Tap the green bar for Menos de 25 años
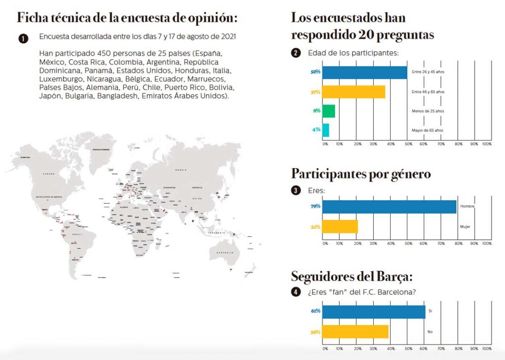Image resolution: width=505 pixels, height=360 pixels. pos(328,111)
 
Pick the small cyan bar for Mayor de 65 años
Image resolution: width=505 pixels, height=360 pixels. pos(325,130)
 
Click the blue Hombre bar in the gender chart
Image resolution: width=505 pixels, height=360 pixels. pos(389,207)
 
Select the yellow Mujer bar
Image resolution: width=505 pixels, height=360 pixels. pos(340,227)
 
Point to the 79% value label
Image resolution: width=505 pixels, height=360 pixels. pos(316,206)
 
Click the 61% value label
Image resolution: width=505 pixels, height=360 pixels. pos(316,311)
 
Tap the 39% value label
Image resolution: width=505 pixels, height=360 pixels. pos(316,332)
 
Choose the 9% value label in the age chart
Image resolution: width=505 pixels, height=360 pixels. pos(317,111)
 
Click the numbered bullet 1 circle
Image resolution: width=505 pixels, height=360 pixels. pos(23,38)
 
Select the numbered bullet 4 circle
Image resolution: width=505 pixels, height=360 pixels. pos(295,292)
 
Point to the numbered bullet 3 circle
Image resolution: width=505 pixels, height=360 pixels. pos(295,190)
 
